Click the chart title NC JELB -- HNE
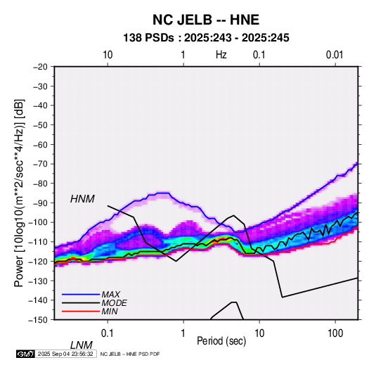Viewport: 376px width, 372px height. tap(206, 20)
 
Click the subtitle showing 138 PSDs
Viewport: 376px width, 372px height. tap(206, 38)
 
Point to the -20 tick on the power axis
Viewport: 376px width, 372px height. tap(40, 67)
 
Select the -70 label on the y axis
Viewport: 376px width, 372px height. tap(40, 164)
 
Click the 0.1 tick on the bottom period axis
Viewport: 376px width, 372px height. tap(108, 333)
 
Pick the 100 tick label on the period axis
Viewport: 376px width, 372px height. tap(335, 333)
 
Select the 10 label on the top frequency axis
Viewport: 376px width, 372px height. tap(108, 55)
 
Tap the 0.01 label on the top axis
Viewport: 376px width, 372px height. tap(335, 55)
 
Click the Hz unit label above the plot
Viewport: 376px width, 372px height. tap(221, 55)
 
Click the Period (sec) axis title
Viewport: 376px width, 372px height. tap(221, 341)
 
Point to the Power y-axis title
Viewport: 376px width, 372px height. tap(19, 193)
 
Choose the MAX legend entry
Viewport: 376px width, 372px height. tap(110, 295)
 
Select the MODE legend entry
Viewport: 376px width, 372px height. tap(114, 303)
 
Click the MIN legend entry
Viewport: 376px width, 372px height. tap(110, 312)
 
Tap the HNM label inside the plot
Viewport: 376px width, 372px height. tap(82, 199)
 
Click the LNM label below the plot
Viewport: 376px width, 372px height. tap(82, 345)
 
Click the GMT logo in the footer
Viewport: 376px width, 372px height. tap(26, 354)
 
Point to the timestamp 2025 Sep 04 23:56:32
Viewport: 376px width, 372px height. tap(65, 354)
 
